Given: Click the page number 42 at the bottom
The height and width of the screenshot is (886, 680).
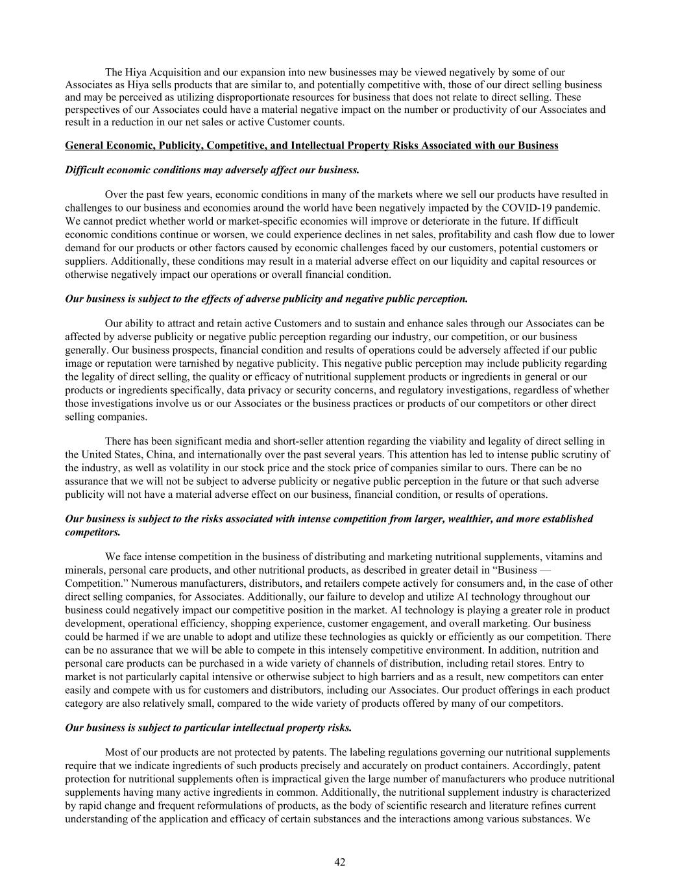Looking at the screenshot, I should click(x=339, y=862).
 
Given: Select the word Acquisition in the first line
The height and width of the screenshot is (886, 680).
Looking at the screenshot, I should click(x=172, y=73).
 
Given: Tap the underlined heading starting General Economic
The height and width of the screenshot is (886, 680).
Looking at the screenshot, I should click(x=311, y=146).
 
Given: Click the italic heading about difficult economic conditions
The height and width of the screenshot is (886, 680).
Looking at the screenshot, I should click(x=212, y=170).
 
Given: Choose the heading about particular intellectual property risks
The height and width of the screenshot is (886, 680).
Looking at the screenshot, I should click(x=208, y=728).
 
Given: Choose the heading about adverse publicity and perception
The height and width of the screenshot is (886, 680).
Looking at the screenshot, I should click(x=266, y=299).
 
